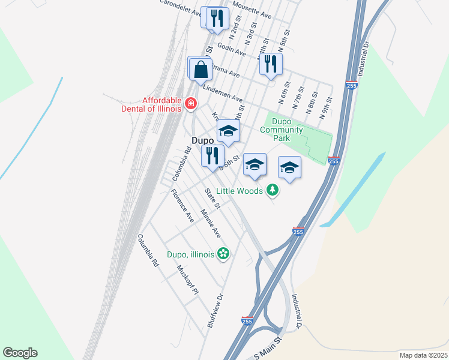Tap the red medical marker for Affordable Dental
point(191,104)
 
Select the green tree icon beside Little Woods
point(273,190)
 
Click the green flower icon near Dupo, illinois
point(223,254)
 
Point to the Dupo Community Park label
point(281,130)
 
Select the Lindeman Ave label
point(223,92)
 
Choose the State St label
point(213,199)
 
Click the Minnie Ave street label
point(211,223)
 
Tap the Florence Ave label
point(182,206)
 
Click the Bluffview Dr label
point(215,310)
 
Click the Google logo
point(20,353)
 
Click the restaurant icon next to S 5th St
point(211,157)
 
